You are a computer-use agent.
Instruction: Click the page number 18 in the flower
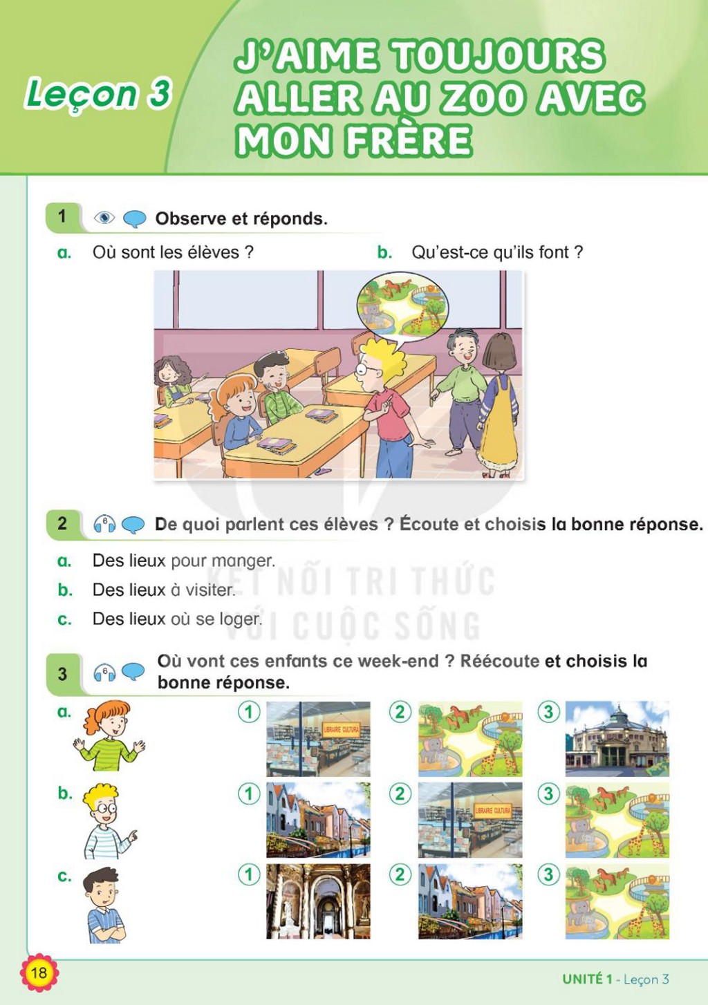coord(39,973)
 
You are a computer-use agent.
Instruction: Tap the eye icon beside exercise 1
coord(104,218)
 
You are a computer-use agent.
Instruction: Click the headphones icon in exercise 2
coord(104,524)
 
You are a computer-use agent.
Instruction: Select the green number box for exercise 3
coord(62,674)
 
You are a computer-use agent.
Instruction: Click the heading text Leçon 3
coord(98,94)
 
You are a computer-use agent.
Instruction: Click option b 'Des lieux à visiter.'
coord(164,590)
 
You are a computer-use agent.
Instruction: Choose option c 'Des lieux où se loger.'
coord(177,619)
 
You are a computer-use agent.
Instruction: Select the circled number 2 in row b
coord(400,795)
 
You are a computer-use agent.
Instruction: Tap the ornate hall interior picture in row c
coord(318,901)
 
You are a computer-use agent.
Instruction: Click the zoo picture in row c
coord(617,901)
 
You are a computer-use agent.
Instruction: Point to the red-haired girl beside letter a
coord(109,737)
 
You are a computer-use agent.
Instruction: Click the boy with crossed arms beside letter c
coord(104,905)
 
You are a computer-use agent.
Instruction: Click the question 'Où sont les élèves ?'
coord(173,252)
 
